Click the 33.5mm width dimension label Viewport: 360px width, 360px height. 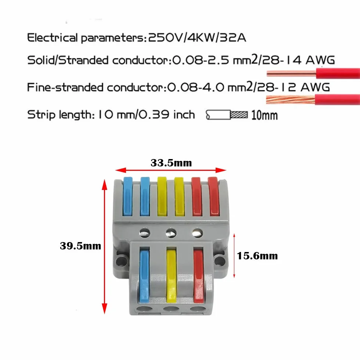(x=171, y=163)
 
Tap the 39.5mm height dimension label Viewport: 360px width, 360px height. (x=80, y=246)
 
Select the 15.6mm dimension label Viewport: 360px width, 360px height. (x=257, y=256)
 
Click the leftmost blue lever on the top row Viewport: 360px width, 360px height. (x=128, y=196)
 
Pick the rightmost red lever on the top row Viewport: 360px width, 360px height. (x=213, y=196)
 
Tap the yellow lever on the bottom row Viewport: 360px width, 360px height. (x=171, y=276)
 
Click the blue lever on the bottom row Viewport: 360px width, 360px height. (x=144, y=276)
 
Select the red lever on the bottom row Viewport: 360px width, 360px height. (x=199, y=276)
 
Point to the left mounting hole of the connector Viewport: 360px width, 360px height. (x=122, y=261)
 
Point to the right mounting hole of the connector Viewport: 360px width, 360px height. (x=220, y=261)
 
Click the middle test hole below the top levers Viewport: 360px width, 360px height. (x=171, y=233)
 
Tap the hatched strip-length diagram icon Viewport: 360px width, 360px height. (x=227, y=115)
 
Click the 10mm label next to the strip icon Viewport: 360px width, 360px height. (x=264, y=115)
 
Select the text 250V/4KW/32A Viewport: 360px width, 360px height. (x=197, y=37)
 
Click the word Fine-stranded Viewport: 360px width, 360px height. (x=65, y=87)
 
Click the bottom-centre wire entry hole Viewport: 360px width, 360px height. (x=171, y=309)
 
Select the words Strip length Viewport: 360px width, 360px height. (x=61, y=115)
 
